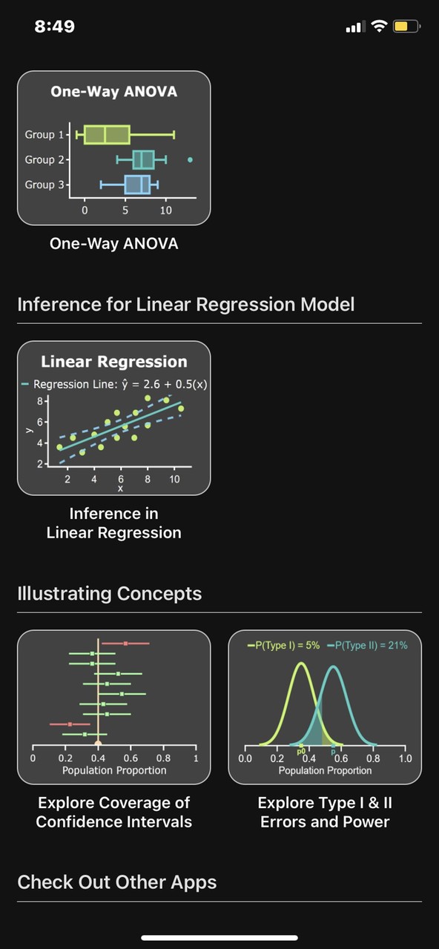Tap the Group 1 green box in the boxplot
click(x=107, y=135)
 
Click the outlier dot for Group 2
click(x=191, y=159)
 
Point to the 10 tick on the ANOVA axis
click(x=166, y=210)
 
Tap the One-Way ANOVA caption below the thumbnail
click(x=113, y=243)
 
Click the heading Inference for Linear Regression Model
click(x=186, y=304)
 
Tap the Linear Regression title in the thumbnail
click(x=113, y=362)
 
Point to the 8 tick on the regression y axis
click(x=41, y=401)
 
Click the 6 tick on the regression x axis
click(x=120, y=479)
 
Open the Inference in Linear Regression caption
click(x=113, y=523)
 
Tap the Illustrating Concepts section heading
click(x=109, y=593)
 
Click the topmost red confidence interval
click(x=125, y=644)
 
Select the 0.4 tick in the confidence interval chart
click(x=98, y=758)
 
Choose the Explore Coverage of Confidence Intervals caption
click(x=113, y=812)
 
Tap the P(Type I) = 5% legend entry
click(x=284, y=645)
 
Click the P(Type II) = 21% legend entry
click(x=368, y=645)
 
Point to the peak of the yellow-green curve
click(x=300, y=664)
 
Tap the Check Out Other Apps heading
click(x=117, y=882)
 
